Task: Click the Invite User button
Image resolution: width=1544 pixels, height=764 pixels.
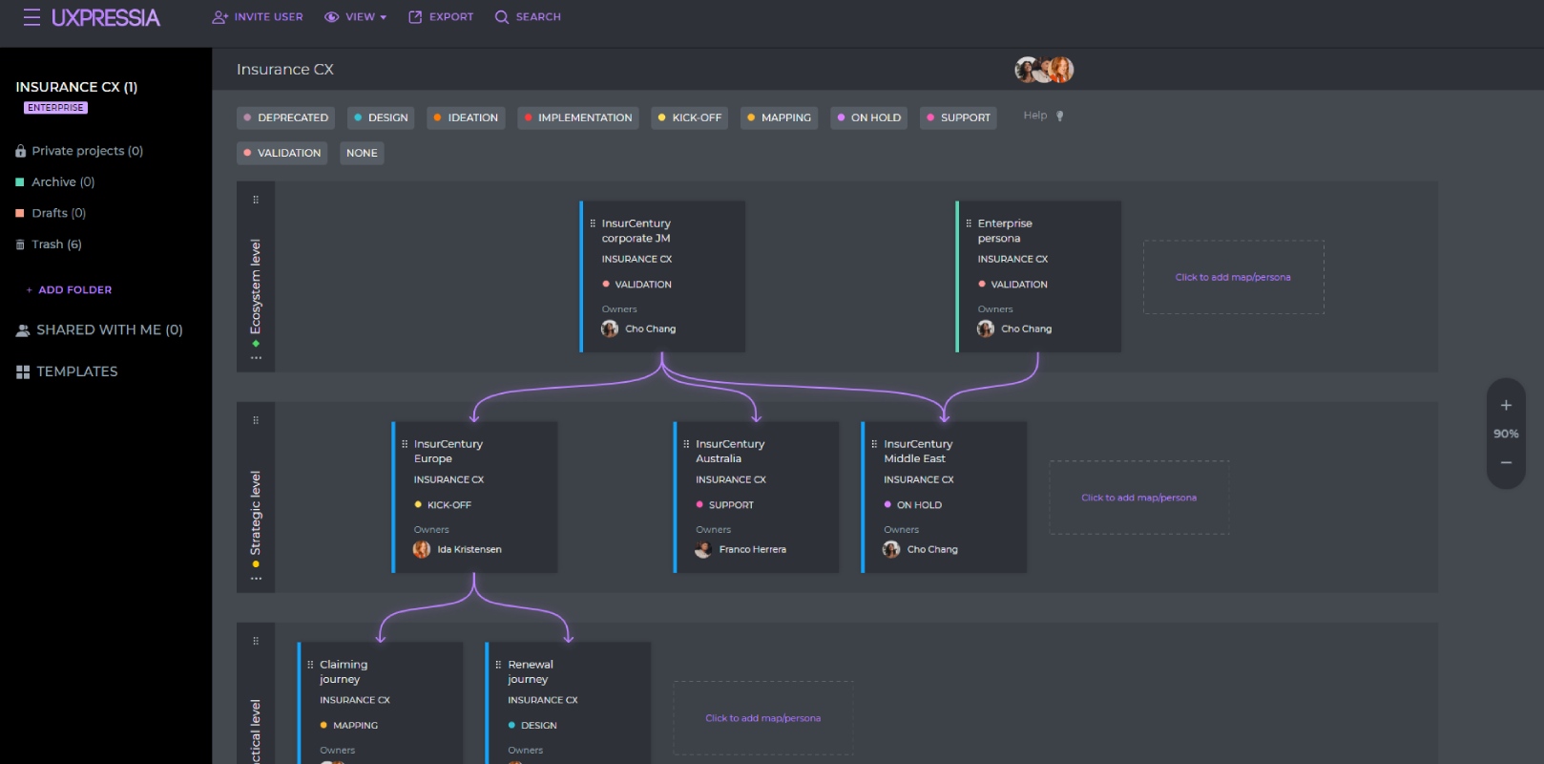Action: [257, 16]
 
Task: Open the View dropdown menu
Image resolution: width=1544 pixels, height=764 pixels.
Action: [355, 16]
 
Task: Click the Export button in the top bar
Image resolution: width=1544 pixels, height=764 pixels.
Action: [441, 16]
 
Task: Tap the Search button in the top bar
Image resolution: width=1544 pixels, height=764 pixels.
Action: [528, 16]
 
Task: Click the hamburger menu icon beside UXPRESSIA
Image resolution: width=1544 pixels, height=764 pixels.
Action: [31, 17]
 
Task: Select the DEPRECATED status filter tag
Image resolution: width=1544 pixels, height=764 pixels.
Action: [285, 117]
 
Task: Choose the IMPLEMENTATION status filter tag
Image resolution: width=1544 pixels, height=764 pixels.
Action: [577, 117]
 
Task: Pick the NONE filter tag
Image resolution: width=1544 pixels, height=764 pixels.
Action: [362, 153]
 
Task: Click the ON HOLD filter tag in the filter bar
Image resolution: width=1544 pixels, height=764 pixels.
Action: [868, 117]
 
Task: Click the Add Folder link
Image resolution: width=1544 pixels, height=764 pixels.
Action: [69, 289]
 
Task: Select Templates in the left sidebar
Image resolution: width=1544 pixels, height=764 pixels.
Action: [67, 371]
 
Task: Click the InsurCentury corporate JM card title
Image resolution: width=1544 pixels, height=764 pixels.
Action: [636, 230]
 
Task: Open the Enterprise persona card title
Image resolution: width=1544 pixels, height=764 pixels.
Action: [1005, 230]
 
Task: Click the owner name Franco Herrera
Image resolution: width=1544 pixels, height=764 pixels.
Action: [753, 549]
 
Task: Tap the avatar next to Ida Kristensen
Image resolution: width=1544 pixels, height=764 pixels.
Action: [422, 549]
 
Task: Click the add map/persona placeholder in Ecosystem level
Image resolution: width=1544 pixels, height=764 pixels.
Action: [1233, 277]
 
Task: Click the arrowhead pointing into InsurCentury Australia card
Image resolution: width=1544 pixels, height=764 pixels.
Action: [756, 416]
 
